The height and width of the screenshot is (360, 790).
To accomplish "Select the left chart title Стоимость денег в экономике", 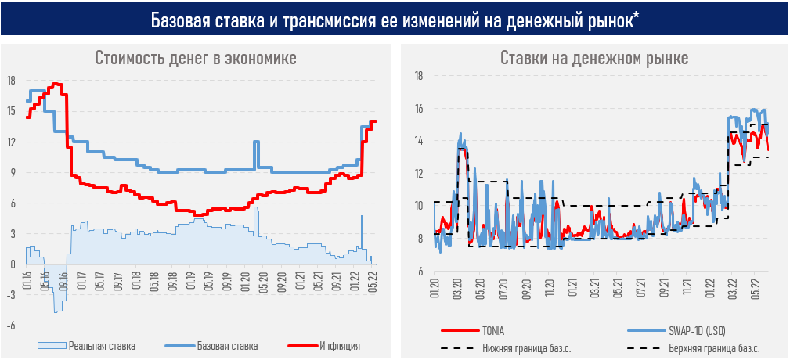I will [x=196, y=59].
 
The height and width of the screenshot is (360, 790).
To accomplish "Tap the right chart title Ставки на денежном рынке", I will [x=593, y=59].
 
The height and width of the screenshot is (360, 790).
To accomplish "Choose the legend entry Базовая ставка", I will [x=227, y=345].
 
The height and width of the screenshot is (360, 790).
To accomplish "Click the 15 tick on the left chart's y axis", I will [x=11, y=111].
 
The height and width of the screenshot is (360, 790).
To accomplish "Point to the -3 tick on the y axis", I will [x=11, y=295].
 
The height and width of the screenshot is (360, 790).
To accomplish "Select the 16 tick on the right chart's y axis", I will [x=419, y=109].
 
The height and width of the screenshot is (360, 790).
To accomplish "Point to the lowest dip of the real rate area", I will [x=56, y=312].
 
